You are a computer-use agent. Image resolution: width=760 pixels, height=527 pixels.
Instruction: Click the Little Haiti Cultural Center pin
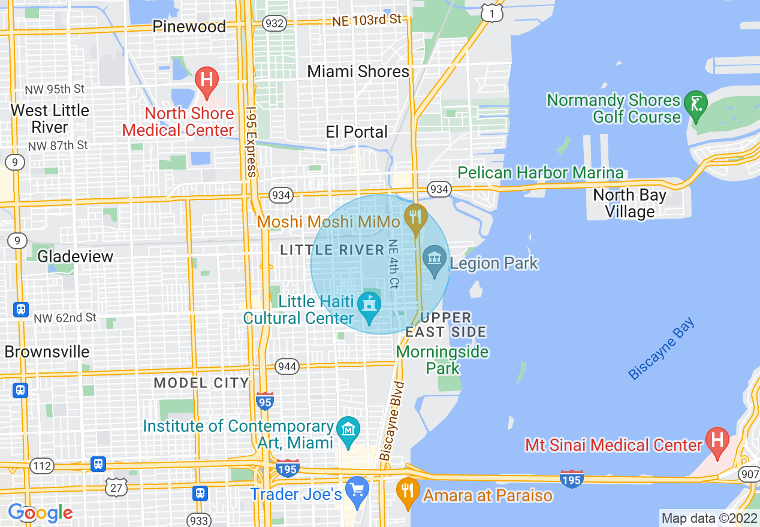[369, 304]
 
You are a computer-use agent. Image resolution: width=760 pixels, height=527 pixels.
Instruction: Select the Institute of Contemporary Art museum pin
[348, 430]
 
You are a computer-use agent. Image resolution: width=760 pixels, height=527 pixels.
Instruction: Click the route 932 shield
[273, 23]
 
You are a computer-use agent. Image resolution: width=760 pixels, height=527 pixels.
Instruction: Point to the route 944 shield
[287, 366]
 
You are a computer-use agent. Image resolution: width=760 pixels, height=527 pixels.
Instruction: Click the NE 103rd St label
[367, 20]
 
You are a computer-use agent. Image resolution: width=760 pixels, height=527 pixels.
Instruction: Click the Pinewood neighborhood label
[189, 26]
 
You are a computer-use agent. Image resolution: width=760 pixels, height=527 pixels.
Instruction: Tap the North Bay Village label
[629, 204]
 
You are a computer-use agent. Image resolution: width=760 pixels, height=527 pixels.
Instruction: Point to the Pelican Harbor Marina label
[541, 173]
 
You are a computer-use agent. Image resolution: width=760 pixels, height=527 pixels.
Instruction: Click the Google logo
[40, 513]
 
